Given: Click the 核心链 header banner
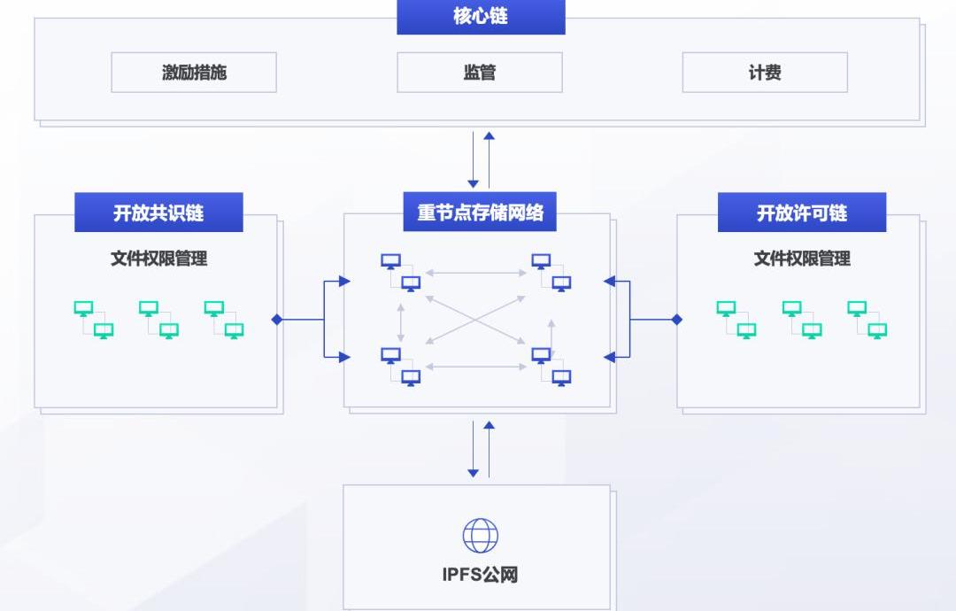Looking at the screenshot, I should click(481, 17).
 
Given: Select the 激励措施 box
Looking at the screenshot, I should click(194, 73).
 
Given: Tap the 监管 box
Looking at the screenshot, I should click(480, 73).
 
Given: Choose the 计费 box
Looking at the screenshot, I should click(765, 73).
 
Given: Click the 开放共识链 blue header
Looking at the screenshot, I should click(158, 213).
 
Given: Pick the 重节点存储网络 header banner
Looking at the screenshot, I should click(480, 213).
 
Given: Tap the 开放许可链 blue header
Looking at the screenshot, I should click(801, 213).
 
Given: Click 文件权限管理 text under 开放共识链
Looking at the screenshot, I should click(158, 259).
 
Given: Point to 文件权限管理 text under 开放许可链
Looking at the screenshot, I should click(801, 259).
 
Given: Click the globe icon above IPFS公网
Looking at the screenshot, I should click(480, 535).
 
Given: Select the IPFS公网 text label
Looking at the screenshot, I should click(480, 575).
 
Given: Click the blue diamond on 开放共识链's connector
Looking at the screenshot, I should click(277, 320).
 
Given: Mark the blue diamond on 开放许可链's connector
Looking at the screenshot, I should click(677, 320).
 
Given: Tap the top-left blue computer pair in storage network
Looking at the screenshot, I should click(401, 273).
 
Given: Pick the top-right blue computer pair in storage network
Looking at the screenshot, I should click(551, 273).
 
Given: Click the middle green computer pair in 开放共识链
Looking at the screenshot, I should click(158, 320).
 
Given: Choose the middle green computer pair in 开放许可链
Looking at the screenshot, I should click(801, 320).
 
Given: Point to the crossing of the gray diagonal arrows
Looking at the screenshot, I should click(476, 319).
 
